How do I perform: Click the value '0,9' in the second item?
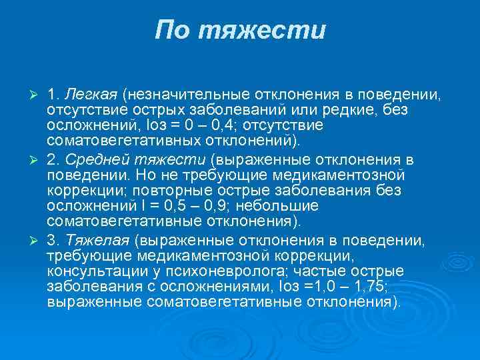click(x=242, y=206)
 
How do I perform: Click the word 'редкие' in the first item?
click(x=344, y=108)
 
